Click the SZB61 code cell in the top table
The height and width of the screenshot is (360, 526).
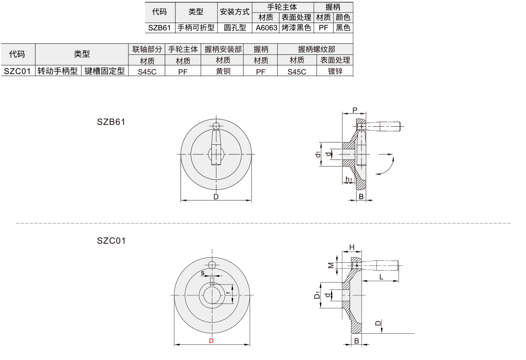pos(160,28)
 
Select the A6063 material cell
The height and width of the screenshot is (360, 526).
pos(266,28)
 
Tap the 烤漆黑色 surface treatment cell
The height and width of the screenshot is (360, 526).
pos(296,28)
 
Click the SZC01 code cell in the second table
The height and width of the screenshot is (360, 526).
pos(18,71)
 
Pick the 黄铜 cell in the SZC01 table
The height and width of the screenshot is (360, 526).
pos(223,71)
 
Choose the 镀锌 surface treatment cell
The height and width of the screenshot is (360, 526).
pos(335,71)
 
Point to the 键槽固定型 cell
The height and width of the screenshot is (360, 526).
pos(105,71)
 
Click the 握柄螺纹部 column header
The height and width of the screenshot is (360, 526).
pos(316,49)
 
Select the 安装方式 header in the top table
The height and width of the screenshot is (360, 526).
pos(235,12)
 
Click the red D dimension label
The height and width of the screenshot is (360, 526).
pos(211,341)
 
